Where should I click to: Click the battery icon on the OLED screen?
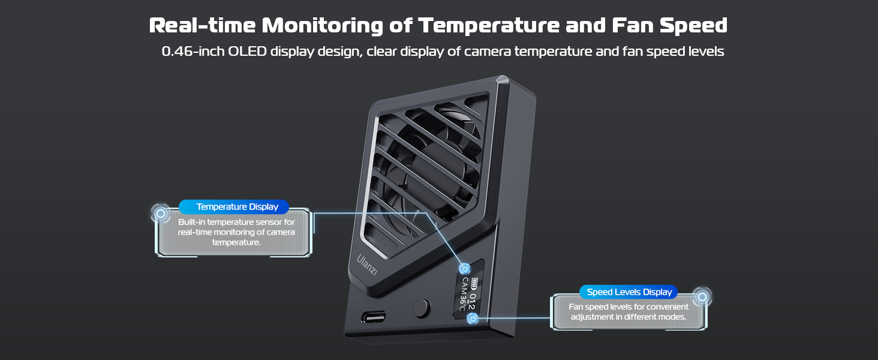[476, 283]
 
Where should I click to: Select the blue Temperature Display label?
[237, 207]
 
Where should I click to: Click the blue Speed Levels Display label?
[629, 292]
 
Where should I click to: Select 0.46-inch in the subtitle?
[192, 52]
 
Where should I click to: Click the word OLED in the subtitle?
[247, 52]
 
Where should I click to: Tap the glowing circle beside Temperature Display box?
[160, 213]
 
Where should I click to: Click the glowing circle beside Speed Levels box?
[702, 297]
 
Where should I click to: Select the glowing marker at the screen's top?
[464, 269]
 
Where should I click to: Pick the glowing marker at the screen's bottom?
[473, 319]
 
